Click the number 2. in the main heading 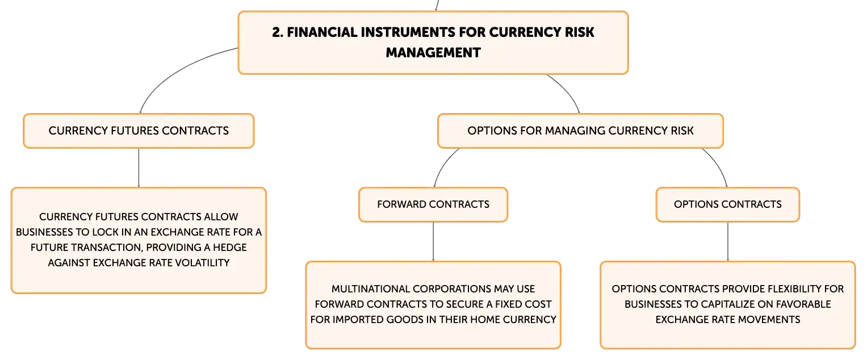click(278, 32)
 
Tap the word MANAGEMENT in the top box click(433, 53)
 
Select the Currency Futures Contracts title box click(139, 131)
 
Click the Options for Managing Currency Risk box click(581, 131)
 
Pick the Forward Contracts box click(433, 204)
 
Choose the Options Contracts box click(728, 204)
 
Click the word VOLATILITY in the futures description click(203, 263)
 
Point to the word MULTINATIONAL click(370, 289)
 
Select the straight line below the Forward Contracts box click(433, 241)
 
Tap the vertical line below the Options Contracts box click(728, 241)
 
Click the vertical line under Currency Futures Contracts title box click(139, 168)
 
